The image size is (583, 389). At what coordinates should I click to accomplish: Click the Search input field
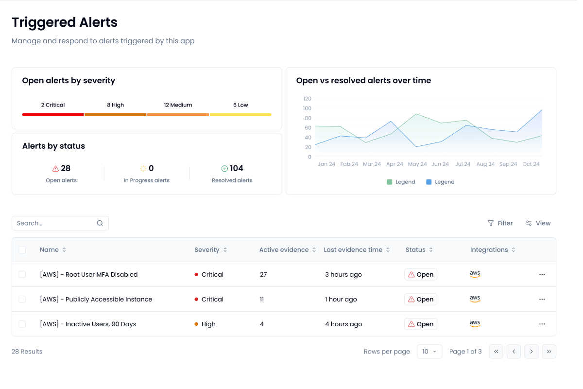tap(56, 223)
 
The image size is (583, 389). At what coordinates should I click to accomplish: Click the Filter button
tap(500, 223)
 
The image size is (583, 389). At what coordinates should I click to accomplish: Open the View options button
tap(538, 223)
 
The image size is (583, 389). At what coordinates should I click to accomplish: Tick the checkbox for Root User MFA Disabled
tap(22, 274)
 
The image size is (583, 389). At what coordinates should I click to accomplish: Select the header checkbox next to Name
tap(22, 249)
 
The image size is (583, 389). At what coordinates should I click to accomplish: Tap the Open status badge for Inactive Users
tap(421, 324)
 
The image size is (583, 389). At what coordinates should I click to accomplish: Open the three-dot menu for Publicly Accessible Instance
tap(542, 299)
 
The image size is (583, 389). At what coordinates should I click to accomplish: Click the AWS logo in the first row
tap(475, 274)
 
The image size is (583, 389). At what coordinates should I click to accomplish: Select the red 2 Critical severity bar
tap(53, 114)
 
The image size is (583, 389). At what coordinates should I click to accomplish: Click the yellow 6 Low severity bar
tap(240, 114)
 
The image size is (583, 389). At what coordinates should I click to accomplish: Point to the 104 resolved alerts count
tap(236, 168)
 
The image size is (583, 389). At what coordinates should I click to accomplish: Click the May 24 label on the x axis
tap(417, 164)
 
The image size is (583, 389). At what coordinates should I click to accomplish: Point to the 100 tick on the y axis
tap(307, 108)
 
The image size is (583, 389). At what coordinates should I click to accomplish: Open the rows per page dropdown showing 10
tap(429, 351)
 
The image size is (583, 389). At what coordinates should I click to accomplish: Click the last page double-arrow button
tap(549, 351)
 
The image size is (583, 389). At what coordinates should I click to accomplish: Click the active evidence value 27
tap(263, 274)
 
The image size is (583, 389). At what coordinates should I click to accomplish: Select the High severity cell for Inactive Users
tap(208, 324)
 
